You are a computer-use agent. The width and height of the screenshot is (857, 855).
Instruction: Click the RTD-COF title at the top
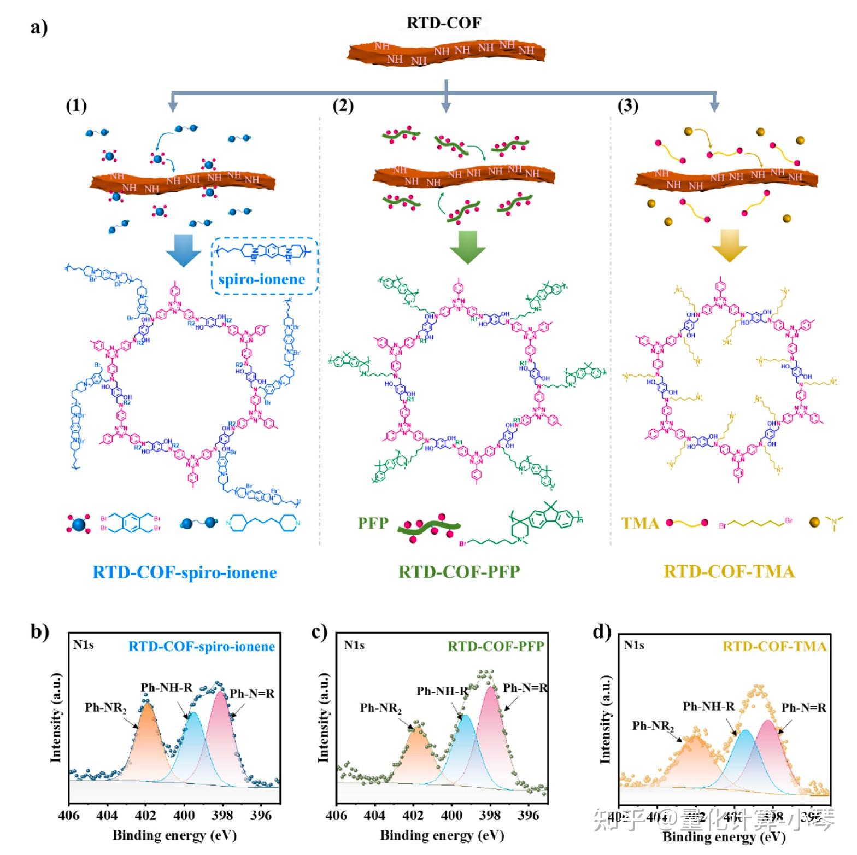point(444,23)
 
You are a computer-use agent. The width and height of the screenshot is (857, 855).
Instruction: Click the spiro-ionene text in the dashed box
point(261,279)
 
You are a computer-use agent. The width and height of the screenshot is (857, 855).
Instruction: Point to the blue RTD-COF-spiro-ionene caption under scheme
point(185,572)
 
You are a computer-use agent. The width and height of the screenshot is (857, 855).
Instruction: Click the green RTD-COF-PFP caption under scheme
point(459,571)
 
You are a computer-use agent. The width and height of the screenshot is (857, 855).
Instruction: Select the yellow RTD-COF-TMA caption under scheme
point(729,571)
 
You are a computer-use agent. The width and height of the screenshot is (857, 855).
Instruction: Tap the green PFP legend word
point(373,523)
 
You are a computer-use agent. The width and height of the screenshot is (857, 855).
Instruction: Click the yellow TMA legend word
point(640,523)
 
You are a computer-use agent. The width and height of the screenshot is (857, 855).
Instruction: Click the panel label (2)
point(343,105)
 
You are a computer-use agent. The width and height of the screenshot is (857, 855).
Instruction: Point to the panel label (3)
point(627,105)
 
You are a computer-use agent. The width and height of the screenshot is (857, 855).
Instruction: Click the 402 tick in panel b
point(145,816)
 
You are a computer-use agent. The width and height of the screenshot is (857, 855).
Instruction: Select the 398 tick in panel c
point(490,816)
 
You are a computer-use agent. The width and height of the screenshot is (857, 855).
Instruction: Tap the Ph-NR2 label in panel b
point(105,708)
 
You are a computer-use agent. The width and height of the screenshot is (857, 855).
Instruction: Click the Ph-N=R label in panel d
point(803,708)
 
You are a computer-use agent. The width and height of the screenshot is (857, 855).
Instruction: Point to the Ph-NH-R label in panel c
point(442,692)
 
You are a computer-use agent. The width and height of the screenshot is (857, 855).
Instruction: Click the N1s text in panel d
point(634,645)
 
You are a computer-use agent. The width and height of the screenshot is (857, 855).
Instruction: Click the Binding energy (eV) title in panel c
point(442,835)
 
